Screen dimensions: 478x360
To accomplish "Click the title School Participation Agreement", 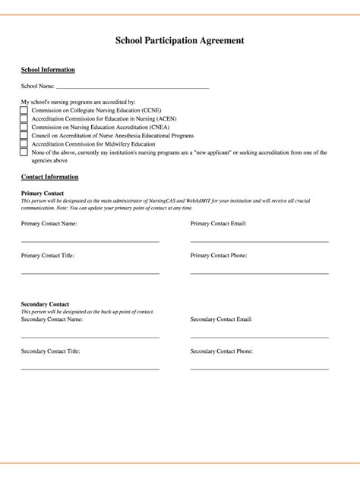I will click(x=180, y=41).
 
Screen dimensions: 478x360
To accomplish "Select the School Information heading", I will click(x=48, y=70).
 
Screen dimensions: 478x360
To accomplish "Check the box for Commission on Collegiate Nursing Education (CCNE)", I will click(x=24, y=110).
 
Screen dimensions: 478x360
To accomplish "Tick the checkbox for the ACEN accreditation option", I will click(x=24, y=118).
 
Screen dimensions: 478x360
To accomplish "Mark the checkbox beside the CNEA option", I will click(x=24, y=127).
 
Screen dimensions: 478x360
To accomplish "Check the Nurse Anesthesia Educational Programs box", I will click(x=24, y=135).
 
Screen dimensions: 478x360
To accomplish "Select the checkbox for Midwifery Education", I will click(x=24, y=143).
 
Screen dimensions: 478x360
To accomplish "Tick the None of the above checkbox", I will click(x=24, y=152).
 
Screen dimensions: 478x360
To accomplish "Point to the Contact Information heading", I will click(x=49, y=177).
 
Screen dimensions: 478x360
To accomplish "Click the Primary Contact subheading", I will click(x=43, y=193).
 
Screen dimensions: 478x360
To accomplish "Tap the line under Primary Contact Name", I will click(x=90, y=241).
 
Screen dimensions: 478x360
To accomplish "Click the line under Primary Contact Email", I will click(x=259, y=241).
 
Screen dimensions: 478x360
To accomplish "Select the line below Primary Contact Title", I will click(x=90, y=272).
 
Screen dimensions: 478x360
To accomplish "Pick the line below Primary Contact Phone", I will click(x=259, y=272).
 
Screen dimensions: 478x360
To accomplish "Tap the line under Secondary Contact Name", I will click(x=90, y=336).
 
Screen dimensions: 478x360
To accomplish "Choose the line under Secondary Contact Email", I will click(x=259, y=336).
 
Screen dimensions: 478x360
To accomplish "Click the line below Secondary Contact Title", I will click(x=90, y=368).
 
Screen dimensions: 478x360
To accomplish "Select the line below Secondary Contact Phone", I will click(x=259, y=368).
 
